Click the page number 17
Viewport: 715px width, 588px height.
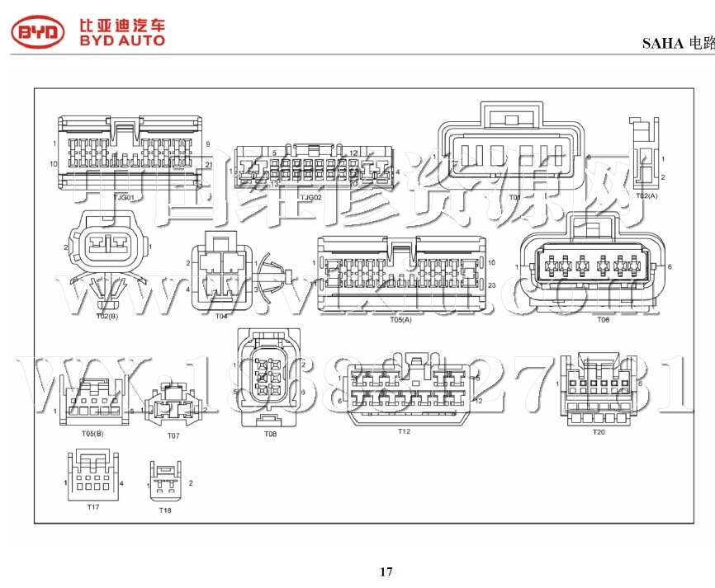pos(386,572)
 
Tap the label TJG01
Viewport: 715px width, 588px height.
pos(124,198)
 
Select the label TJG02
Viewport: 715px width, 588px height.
pos(310,198)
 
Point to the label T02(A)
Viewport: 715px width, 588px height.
pos(646,196)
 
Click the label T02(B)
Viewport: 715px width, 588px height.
pos(107,316)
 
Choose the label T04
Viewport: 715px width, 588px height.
pos(221,316)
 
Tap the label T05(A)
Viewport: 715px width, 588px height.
pos(400,319)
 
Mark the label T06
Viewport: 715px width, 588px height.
pos(603,318)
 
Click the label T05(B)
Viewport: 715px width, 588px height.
pos(92,433)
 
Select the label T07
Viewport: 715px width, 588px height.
pos(173,435)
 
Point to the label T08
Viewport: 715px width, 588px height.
pos(270,434)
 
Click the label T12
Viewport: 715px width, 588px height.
pos(404,431)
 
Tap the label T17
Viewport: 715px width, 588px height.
pos(92,506)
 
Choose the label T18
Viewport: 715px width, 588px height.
pos(165,510)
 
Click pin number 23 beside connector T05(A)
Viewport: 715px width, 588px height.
pos(491,285)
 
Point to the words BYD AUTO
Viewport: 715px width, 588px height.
pos(121,40)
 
